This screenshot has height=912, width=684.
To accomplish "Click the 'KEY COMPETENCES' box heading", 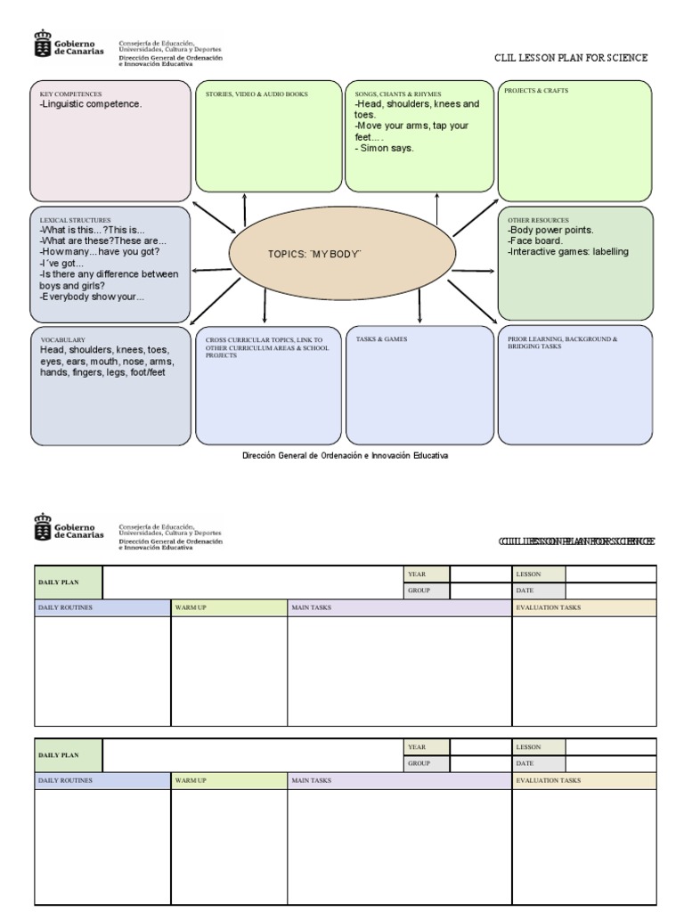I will point(70,94).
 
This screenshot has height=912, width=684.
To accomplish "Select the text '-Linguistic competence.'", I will point(91,104).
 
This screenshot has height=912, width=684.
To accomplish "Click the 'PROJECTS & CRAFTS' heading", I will point(536,91).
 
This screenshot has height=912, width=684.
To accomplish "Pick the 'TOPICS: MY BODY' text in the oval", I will point(314,254).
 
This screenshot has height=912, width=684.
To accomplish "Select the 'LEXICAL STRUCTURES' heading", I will point(75,219).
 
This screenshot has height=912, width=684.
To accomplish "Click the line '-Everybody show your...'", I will point(92,297).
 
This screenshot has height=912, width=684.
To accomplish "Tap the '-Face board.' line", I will point(535,240).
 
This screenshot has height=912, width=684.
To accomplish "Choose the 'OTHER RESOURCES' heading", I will point(538,219).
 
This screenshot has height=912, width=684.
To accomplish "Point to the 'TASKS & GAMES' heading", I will point(381,339).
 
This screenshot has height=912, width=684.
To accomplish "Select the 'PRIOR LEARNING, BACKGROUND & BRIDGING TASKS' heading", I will point(562,343).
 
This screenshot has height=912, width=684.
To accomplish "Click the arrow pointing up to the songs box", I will point(436,208).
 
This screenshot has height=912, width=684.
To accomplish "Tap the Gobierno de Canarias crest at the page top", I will point(42,45).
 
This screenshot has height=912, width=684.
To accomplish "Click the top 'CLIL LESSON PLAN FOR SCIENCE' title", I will point(571,58).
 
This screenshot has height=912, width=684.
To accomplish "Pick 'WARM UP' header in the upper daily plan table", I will point(191,607).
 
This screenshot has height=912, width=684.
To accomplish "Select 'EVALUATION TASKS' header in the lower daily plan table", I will point(548,780).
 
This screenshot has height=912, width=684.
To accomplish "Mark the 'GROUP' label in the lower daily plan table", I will point(419,763).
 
